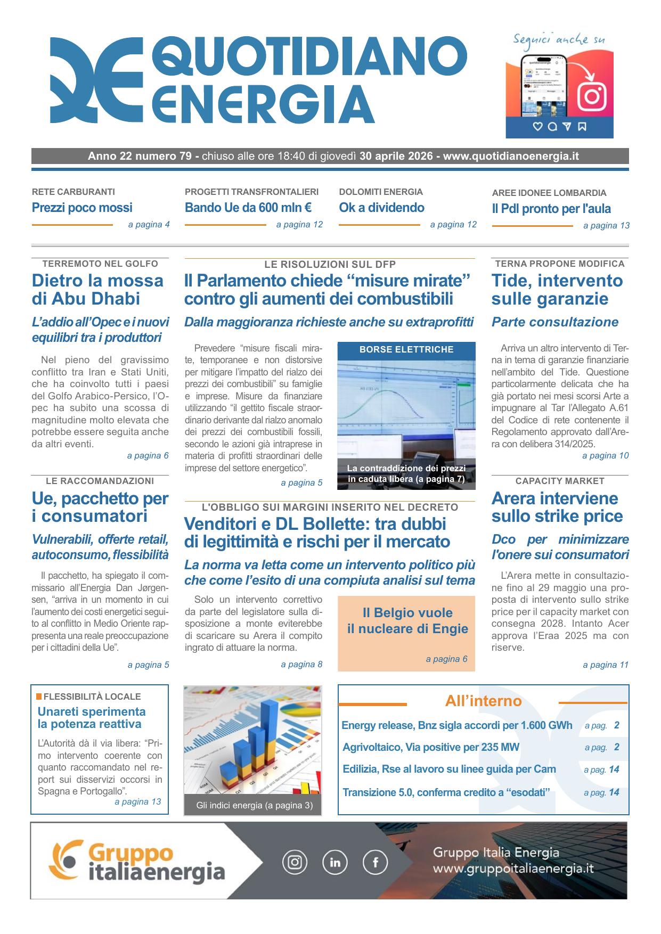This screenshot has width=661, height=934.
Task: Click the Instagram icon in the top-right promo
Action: [592, 96]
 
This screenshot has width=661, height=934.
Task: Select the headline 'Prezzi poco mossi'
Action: [82, 208]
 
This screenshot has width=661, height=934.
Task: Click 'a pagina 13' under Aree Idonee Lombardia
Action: [606, 226]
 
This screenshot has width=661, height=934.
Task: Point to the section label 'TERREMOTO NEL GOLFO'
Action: [100, 264]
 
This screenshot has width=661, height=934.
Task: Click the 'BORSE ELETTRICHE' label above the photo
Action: [406, 350]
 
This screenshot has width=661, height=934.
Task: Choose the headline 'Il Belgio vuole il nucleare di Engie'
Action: [407, 621]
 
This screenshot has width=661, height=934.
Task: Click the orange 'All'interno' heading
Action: [483, 701]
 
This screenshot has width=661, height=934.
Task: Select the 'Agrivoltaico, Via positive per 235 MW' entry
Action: [431, 747]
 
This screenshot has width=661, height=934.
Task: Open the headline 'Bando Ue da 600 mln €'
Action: [248, 208]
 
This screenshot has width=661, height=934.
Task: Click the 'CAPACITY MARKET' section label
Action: [560, 481]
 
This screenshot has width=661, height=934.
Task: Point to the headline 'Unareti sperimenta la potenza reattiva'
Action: [92, 718]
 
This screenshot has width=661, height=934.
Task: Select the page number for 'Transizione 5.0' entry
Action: [614, 792]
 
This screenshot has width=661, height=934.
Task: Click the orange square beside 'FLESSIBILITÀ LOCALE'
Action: [39, 697]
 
